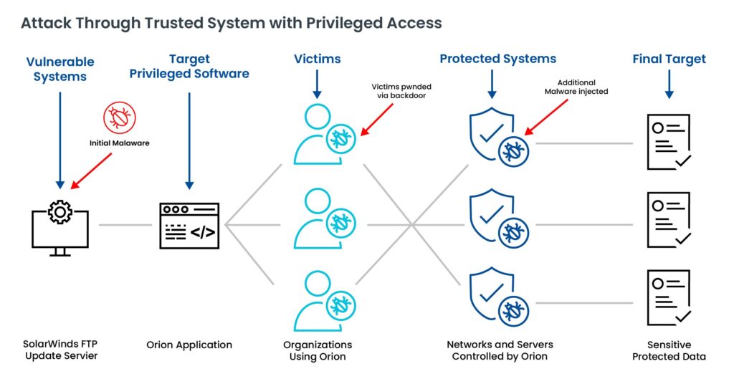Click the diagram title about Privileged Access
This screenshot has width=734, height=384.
tap(231, 23)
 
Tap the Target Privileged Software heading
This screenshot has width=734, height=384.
tap(189, 66)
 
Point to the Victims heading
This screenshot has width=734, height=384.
tap(317, 59)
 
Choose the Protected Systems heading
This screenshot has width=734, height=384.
tap(497, 59)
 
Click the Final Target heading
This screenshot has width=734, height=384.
tap(669, 59)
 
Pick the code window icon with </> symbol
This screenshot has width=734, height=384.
tap(189, 225)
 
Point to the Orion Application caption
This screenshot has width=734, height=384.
tap(189, 345)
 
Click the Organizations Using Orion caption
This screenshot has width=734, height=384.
tap(317, 350)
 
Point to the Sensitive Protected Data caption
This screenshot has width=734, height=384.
tap(669, 350)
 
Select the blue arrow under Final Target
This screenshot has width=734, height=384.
tap(668, 84)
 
